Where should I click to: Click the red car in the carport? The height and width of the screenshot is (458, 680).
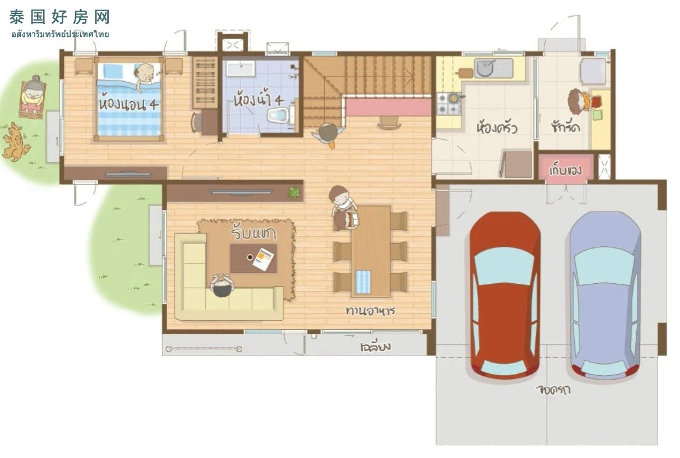point(505,295)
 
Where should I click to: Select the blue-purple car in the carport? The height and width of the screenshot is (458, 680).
point(605,296)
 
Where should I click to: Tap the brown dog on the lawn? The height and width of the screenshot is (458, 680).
point(15,142)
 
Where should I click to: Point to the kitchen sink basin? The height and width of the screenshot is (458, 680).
point(484,68)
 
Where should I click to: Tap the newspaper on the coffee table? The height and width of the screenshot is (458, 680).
point(263,259)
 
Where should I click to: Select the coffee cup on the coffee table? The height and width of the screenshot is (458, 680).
point(250,258)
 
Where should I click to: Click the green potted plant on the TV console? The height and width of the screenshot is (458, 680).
point(294,193)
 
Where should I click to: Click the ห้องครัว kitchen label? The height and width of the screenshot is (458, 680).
point(497,128)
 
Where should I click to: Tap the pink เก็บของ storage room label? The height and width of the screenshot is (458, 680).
point(566,170)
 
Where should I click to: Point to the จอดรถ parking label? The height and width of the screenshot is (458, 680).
point(553,390)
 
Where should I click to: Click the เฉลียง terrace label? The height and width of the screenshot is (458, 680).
point(376,347)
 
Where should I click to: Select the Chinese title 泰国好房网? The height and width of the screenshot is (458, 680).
point(59,17)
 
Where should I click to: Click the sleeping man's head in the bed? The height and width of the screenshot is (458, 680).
point(145,74)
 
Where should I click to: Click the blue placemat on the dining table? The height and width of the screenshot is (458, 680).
point(363,282)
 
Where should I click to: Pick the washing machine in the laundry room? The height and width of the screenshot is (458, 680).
point(594,72)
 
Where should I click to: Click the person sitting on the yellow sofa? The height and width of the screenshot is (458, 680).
point(223,286)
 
